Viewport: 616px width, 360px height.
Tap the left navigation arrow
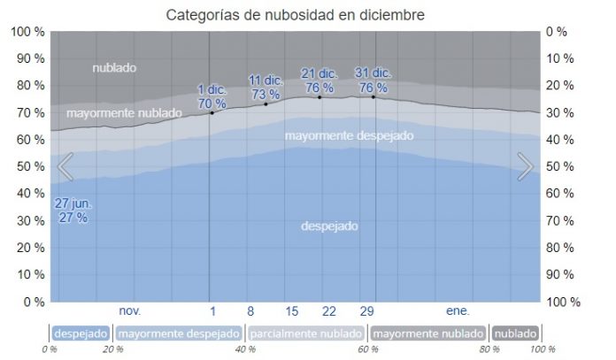point(65,165)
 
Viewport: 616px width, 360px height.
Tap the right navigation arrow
point(525,165)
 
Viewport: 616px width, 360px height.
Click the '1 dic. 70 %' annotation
point(212,96)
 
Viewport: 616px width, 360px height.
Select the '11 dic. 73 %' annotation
point(265,87)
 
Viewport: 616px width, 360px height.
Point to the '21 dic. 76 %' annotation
point(319,80)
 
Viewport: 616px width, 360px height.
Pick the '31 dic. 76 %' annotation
point(373,80)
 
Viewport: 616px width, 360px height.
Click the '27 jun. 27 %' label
point(73,211)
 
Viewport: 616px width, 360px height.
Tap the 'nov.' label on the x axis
point(130,311)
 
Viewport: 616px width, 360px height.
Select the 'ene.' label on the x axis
point(457,311)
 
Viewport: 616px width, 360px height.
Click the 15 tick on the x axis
point(292,311)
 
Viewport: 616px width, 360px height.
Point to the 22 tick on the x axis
point(329,311)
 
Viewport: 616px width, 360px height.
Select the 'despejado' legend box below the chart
point(81,333)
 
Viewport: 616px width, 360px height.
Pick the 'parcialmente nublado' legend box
point(305,333)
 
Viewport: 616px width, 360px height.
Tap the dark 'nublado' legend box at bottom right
point(514,333)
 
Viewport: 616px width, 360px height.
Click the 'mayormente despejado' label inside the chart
point(349,135)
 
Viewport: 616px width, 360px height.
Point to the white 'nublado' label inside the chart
point(116,67)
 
